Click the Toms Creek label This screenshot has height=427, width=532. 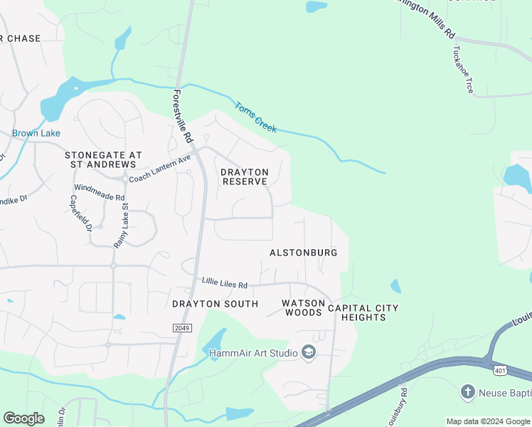click(x=255, y=117)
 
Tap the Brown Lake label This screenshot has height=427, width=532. click(x=36, y=133)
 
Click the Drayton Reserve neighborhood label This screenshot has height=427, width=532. click(x=245, y=176)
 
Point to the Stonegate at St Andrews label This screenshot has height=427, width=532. click(x=103, y=159)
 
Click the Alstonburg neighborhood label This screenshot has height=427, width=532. click(x=303, y=253)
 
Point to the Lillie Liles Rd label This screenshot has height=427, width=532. click(x=224, y=284)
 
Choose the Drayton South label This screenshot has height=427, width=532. click(x=215, y=304)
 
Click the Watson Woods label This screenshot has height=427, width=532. click(x=303, y=307)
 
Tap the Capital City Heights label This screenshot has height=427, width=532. click(x=363, y=312)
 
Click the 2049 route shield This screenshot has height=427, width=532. click(x=181, y=327)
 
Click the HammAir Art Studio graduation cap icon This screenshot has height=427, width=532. click(x=309, y=353)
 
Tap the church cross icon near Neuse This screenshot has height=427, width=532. click(x=467, y=391)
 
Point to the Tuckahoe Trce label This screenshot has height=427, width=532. click(x=460, y=71)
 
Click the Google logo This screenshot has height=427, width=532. click(x=23, y=418)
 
